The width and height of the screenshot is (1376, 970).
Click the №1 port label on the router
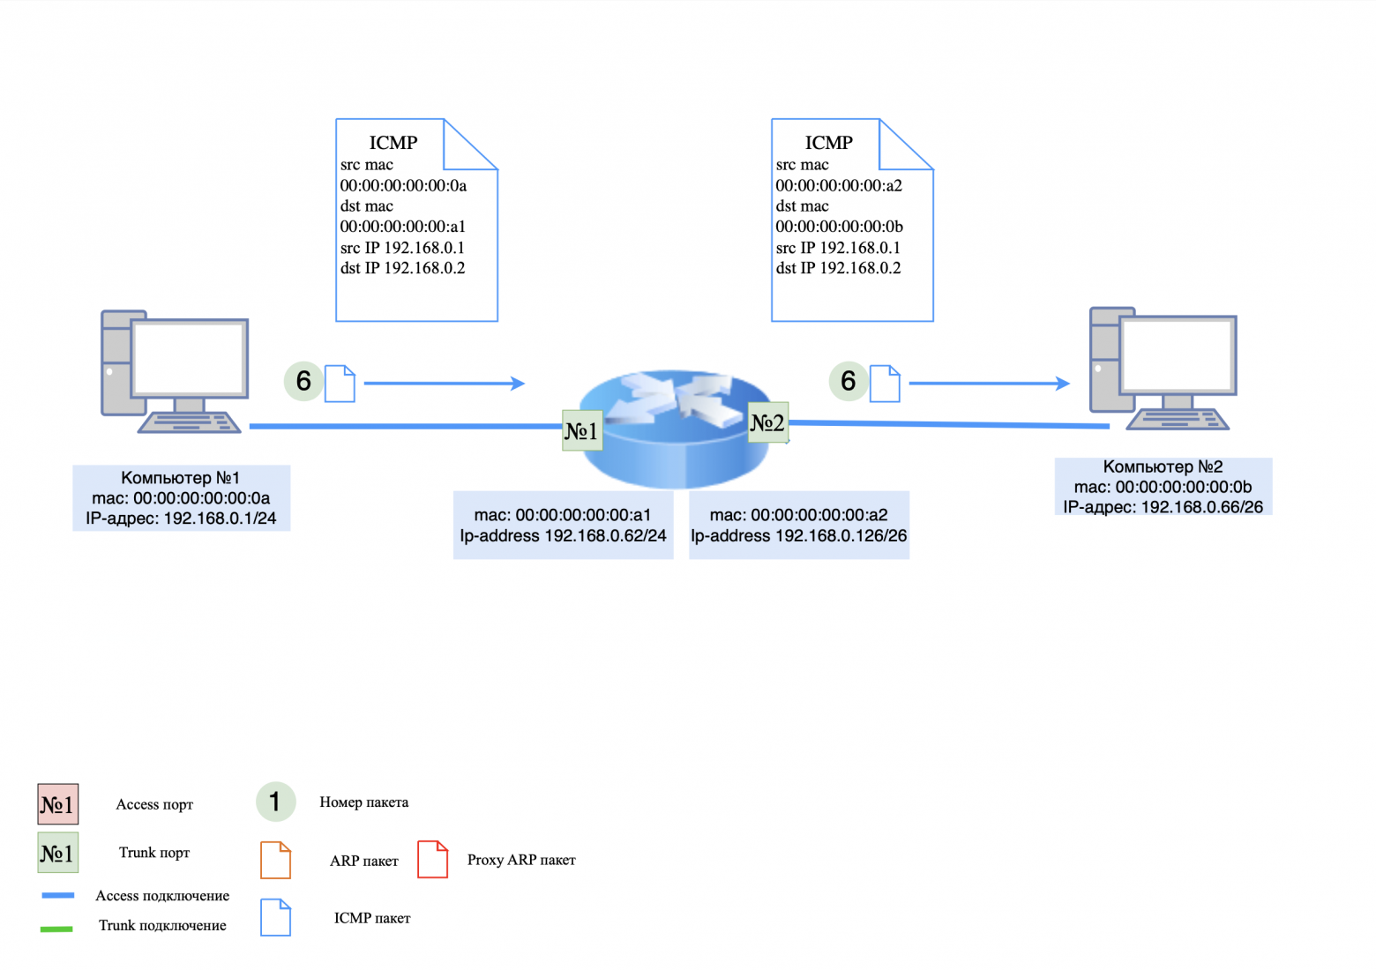coord(582,430)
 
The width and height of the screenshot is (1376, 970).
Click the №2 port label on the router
coord(767,422)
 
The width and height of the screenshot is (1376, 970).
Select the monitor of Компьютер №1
coord(189,358)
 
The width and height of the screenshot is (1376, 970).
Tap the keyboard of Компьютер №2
coord(1178,420)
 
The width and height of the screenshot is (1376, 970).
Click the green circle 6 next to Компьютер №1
coord(303,381)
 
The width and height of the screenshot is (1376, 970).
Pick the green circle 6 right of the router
coord(848,381)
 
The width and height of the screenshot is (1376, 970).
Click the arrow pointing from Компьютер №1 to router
coord(444,384)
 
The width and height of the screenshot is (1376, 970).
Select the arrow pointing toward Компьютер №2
coord(989,384)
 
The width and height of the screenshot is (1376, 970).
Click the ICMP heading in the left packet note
coord(393,143)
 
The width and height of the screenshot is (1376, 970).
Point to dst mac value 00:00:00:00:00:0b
coord(839,227)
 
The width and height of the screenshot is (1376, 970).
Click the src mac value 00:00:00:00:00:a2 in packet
coord(839,185)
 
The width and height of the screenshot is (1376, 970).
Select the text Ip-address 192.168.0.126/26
coord(798,536)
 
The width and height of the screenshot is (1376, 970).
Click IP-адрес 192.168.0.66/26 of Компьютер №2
coord(1163,507)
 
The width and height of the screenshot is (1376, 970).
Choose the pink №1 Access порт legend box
coord(58,804)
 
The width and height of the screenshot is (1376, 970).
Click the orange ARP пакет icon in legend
coord(275,860)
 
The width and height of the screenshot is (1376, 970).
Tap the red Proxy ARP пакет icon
coord(432,859)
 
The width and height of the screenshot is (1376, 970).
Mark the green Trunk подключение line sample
coord(56,928)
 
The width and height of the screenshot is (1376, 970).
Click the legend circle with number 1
coord(275,802)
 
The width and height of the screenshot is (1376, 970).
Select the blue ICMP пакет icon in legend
coord(275,917)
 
